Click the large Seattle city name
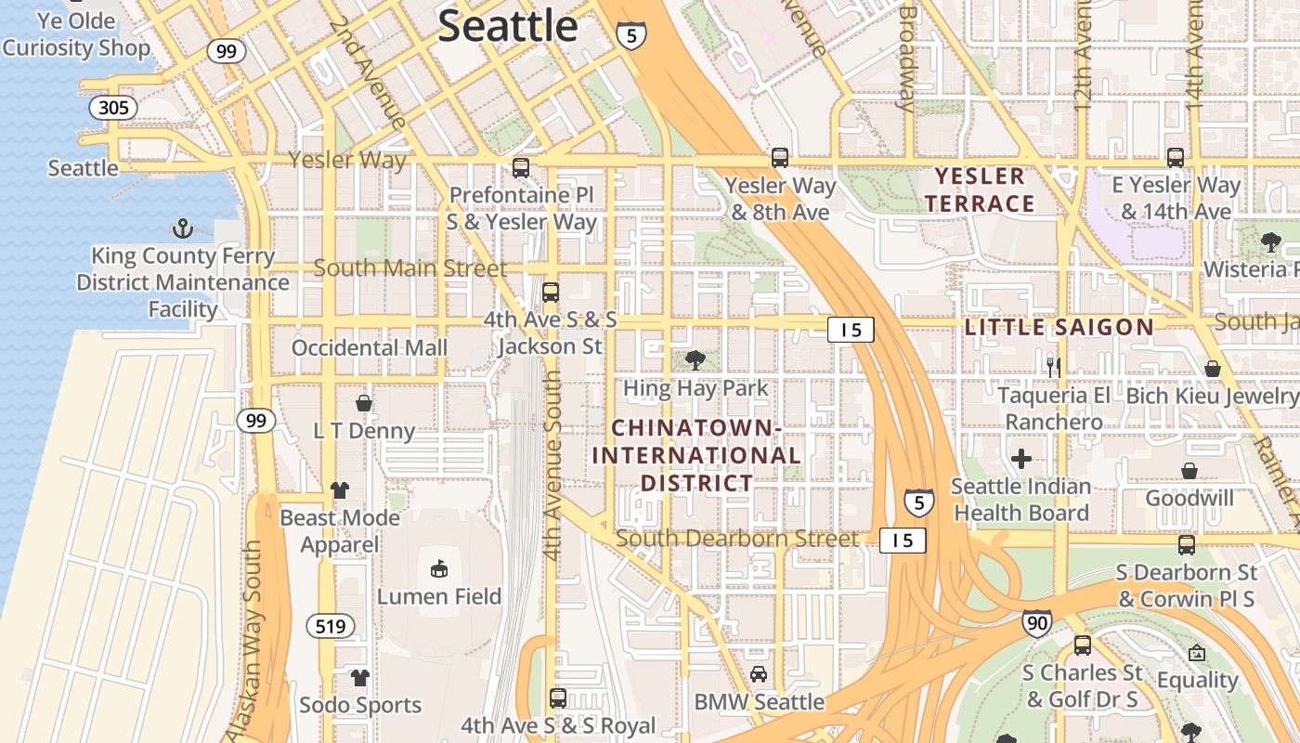pos(508,26)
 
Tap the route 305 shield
pos(113,108)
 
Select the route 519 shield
pos(331,626)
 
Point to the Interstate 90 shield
pos(1037,622)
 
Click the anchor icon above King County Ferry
pos(183,228)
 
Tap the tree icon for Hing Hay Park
pos(695,360)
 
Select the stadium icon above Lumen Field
pos(439,568)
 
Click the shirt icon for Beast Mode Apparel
pos(340,489)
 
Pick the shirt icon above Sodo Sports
pos(360,678)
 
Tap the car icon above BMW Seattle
pos(759,674)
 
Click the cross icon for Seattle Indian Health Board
pos(1021,459)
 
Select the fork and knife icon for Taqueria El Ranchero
pos(1053,368)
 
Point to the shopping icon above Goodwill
pos(1189,471)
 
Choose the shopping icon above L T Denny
pos(364,403)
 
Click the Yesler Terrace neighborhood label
pos(980,189)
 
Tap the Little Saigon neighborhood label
pos(1059,327)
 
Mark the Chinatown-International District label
pos(696,455)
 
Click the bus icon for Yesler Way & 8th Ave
pos(780,158)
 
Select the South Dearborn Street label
pos(737,539)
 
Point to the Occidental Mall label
pos(370,347)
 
